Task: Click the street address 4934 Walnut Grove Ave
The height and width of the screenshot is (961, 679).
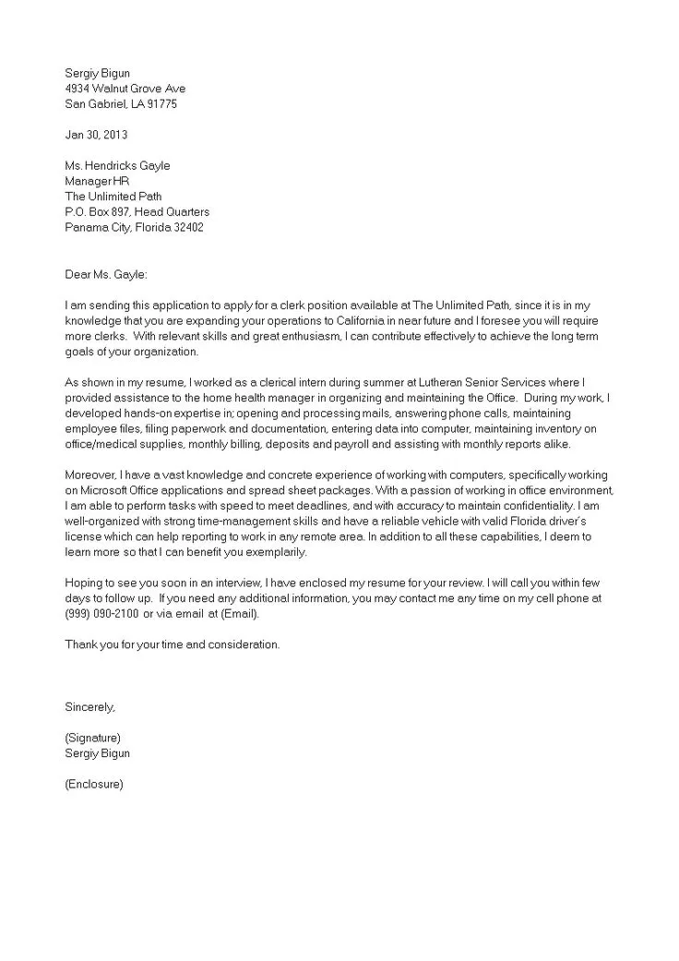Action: [125, 89]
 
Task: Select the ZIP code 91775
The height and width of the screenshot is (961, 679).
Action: [160, 104]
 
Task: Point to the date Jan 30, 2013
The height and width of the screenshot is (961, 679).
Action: [95, 135]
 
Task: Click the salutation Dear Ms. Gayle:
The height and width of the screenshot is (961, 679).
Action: [105, 274]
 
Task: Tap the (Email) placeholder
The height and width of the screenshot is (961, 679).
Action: [239, 614]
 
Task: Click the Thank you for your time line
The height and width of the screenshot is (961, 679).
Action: [172, 644]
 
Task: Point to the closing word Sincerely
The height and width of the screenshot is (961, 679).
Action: [89, 707]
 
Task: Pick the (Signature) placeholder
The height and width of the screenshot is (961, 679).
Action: [93, 738]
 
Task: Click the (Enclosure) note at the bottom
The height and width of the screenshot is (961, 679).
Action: [93, 785]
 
